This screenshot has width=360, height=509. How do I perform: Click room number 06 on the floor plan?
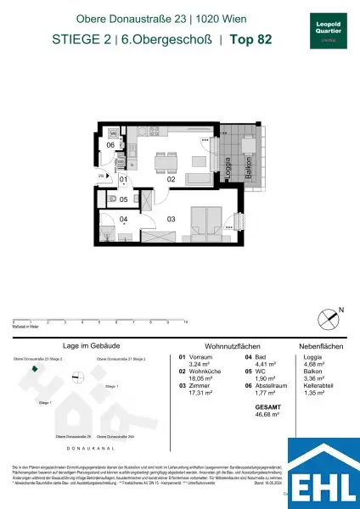[x=110, y=145]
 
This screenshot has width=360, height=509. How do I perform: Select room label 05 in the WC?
[x=122, y=200]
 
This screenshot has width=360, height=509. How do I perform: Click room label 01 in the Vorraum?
[x=122, y=180]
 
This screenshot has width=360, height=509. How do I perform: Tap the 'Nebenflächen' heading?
[x=319, y=347]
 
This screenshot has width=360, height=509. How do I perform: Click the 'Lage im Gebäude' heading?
[x=82, y=347]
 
